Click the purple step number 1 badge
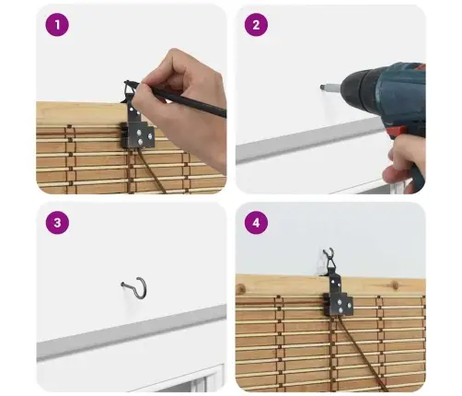click(x=57, y=25)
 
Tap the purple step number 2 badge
click(x=256, y=25)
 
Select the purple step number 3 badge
click(x=57, y=223)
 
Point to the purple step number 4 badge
click(x=256, y=223)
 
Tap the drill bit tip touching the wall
click(x=321, y=87)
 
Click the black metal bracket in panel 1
click(x=137, y=126)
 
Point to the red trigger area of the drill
click(x=396, y=133)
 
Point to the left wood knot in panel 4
click(x=241, y=288)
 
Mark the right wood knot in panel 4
click(x=395, y=285)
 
